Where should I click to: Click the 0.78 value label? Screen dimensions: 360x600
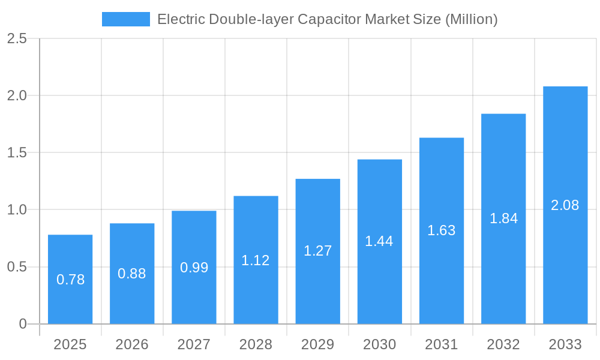tap(70, 280)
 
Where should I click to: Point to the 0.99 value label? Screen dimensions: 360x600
tap(194, 268)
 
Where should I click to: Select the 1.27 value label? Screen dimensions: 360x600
tap(317, 251)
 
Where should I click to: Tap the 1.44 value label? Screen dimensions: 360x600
tap(379, 241)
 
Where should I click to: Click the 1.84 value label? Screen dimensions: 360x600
tap(503, 218)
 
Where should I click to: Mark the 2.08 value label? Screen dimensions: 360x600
tap(565, 205)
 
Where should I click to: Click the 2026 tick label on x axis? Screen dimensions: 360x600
tap(132, 344)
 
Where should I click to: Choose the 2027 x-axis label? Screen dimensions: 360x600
tap(194, 344)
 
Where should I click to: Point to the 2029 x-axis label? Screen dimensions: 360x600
tap(317, 344)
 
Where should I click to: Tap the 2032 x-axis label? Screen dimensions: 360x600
tap(503, 344)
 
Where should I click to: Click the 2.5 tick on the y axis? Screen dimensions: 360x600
tap(17, 39)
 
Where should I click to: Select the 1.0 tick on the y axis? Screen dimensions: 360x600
tap(17, 210)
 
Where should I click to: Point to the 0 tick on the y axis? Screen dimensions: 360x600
tap(23, 324)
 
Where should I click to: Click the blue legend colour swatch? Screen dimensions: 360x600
tap(126, 19)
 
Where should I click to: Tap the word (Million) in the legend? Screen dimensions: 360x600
tap(471, 19)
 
